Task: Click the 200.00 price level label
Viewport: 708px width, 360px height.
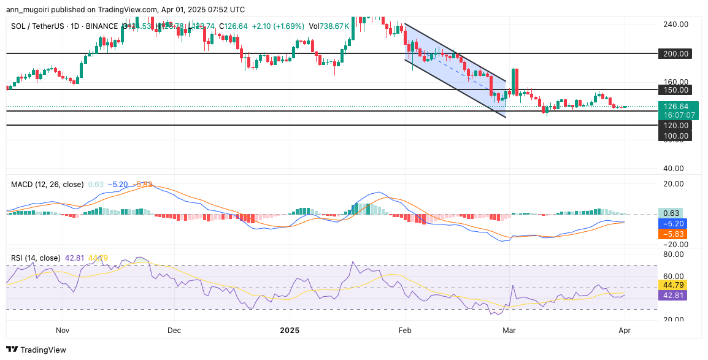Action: [674, 53]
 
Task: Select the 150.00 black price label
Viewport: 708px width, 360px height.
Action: [674, 90]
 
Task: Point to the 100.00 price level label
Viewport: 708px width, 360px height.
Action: [674, 136]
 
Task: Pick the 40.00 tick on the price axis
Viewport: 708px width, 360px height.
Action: [674, 169]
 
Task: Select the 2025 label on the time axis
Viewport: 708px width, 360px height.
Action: [289, 331]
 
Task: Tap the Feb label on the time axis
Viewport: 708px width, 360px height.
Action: [406, 331]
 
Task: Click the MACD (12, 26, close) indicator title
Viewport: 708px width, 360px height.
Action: [47, 184]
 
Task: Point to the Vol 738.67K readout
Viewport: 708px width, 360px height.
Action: [329, 26]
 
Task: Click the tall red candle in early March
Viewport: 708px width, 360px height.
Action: [516, 82]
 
